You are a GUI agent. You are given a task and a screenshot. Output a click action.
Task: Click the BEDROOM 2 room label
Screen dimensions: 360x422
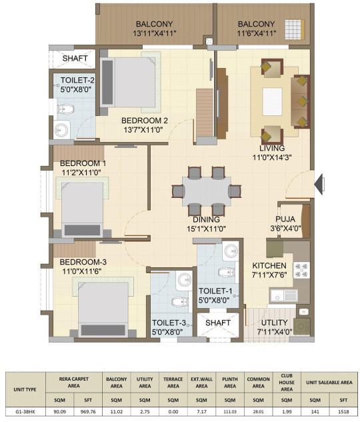[x=145, y=120]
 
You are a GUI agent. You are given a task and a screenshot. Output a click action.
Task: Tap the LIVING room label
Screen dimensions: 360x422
[x=272, y=148]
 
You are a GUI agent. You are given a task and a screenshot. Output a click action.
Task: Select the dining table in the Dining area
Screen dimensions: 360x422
[x=207, y=191]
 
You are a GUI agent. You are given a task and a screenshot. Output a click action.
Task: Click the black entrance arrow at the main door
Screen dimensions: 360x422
[x=319, y=184]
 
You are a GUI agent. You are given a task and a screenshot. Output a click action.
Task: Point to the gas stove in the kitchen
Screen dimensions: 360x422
[x=301, y=270]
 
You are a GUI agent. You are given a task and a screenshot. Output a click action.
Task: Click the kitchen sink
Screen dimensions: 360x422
[x=283, y=296]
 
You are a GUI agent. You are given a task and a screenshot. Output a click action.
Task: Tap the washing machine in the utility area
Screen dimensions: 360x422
[x=301, y=327]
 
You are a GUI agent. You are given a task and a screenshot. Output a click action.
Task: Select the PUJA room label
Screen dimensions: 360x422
[x=285, y=219]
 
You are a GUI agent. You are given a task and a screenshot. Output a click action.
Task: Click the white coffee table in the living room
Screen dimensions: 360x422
[x=272, y=101]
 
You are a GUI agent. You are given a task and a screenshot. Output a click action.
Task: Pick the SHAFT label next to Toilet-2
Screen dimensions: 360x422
[x=75, y=58]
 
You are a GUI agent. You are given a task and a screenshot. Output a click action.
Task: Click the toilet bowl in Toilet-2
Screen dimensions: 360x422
[x=65, y=109]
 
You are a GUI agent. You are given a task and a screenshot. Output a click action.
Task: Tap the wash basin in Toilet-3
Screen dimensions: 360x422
[x=184, y=279]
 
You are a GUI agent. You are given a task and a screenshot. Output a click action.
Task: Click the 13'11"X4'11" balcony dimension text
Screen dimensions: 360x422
[x=155, y=33]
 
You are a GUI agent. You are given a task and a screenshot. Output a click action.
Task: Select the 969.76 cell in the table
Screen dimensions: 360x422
[x=88, y=411]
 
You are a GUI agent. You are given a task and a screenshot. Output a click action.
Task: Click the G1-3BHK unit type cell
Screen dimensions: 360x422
[x=25, y=411]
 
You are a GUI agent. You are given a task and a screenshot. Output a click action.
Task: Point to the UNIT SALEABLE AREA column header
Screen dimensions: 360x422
[x=329, y=382]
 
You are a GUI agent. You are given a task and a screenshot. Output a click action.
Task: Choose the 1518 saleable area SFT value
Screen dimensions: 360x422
[x=343, y=411]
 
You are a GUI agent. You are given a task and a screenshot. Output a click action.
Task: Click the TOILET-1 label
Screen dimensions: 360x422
[x=215, y=291]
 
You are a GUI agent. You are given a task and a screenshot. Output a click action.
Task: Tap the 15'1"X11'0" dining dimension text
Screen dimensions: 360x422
[x=207, y=229]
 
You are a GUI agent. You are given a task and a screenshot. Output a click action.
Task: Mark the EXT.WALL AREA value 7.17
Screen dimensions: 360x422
[x=201, y=411]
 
